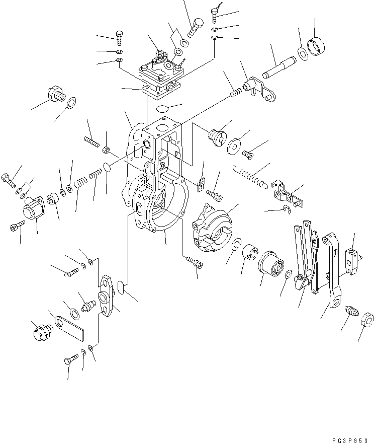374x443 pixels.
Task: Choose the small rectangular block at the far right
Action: click(x=353, y=258)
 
